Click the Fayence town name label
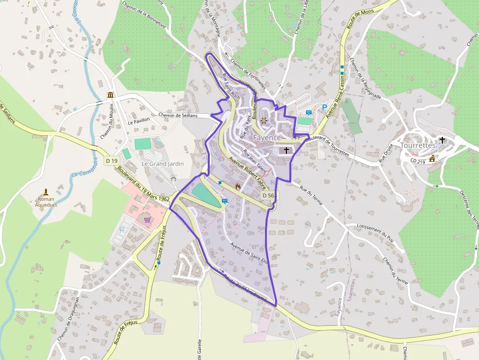(x=267, y=138)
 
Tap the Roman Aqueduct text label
(x=46, y=202)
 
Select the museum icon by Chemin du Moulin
(x=111, y=95)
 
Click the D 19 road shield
(x=112, y=161)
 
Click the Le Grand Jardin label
(x=163, y=164)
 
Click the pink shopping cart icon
(x=147, y=220)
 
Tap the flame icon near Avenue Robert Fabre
(x=238, y=186)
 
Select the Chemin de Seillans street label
(x=178, y=115)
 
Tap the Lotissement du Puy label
(x=376, y=233)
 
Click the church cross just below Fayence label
(x=286, y=150)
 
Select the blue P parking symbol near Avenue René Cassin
(x=324, y=107)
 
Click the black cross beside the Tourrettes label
(x=442, y=140)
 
